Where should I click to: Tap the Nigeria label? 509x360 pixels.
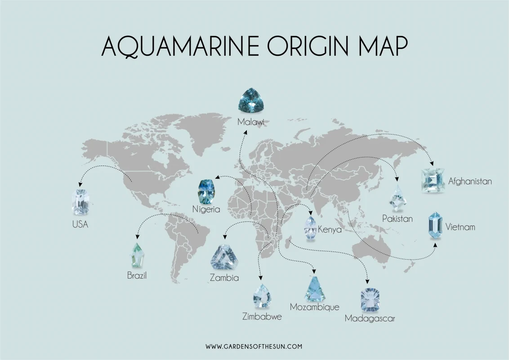[x=206, y=209]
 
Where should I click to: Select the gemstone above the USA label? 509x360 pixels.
[x=80, y=202]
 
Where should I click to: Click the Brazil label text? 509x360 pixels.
[x=137, y=275]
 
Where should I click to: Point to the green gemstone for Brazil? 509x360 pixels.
[x=137, y=255]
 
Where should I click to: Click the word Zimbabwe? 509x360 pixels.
[x=262, y=317]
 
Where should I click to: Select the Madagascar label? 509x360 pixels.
[x=370, y=319]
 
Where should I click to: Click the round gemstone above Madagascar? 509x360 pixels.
[x=370, y=299]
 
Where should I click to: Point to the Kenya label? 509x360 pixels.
[x=330, y=229]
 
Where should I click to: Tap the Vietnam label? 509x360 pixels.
[x=460, y=227]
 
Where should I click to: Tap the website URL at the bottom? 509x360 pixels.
[x=254, y=346]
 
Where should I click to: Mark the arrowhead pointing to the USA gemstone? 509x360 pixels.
[x=80, y=184]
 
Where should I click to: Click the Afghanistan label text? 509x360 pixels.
[x=470, y=182]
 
